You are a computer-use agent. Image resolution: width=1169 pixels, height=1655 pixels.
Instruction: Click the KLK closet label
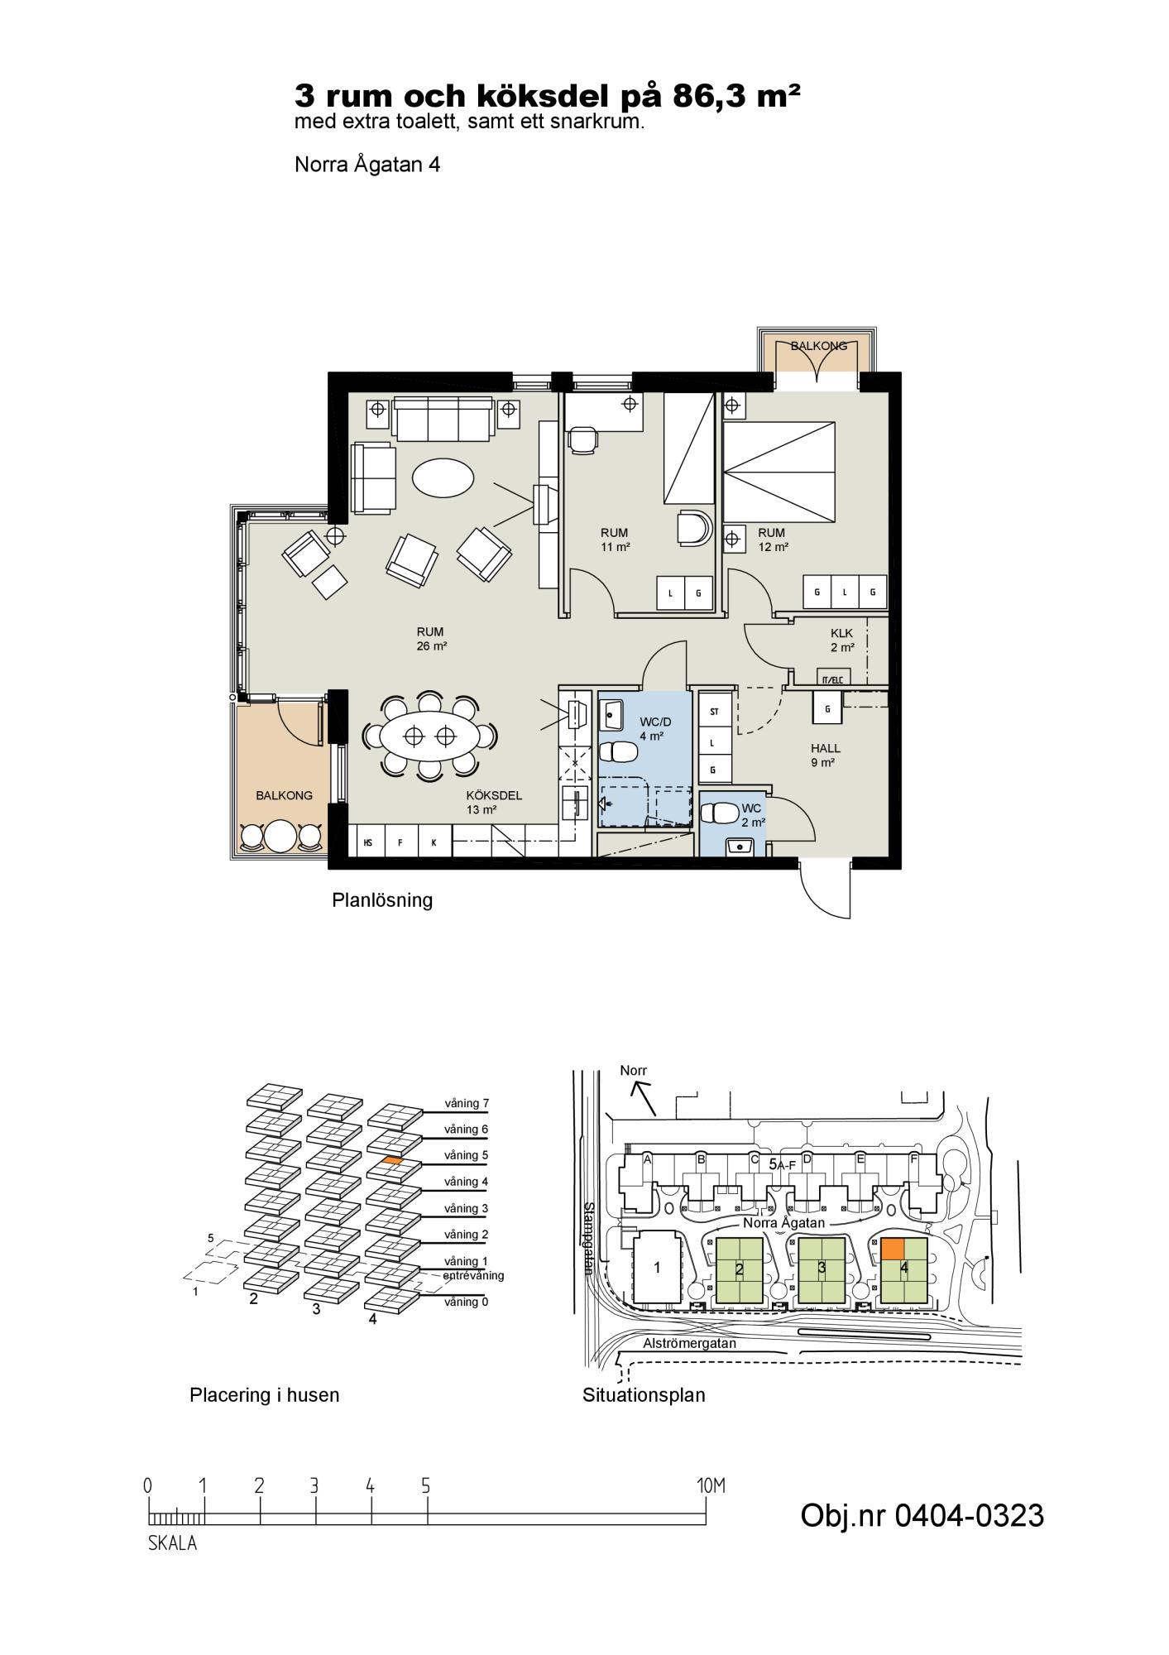[842, 633]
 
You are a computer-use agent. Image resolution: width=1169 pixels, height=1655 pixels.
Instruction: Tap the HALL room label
[826, 748]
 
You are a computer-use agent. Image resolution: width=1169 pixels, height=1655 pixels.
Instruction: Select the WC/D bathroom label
[655, 722]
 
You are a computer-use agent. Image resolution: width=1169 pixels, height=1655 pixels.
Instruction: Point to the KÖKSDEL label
[494, 795]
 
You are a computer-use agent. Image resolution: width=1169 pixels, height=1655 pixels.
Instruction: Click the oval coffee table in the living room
[443, 477]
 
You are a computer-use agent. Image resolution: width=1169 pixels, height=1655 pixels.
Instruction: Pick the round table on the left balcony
[280, 836]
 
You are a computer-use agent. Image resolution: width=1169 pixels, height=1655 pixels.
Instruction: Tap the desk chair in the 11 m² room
[582, 438]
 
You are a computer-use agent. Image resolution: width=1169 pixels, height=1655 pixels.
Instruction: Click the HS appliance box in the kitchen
[368, 843]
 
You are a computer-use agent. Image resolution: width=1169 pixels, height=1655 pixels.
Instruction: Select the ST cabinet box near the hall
[714, 711]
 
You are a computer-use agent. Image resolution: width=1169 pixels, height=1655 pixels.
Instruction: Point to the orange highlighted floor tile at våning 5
[393, 1161]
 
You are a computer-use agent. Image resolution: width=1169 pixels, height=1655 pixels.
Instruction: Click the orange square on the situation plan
[892, 1249]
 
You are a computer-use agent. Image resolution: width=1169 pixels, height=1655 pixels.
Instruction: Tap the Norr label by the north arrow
[634, 1071]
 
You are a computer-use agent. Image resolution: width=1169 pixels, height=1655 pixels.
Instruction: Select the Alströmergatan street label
[689, 1344]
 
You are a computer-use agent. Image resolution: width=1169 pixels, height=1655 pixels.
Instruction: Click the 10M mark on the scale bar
[711, 1486]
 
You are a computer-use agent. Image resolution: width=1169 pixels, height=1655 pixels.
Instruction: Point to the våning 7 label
[467, 1103]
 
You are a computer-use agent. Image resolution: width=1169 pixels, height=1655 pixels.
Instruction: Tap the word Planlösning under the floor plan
[382, 900]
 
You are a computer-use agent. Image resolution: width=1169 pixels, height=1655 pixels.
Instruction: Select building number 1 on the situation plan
[657, 1267]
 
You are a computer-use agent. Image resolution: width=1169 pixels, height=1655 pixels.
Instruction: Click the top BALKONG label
[819, 346]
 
